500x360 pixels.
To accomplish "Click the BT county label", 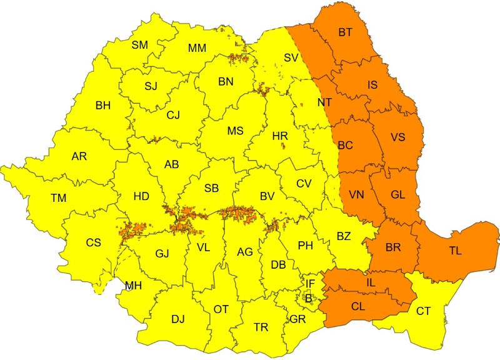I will coord(345,32).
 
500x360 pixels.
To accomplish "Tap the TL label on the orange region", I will coord(455,251).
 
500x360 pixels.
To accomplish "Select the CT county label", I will coord(423,311).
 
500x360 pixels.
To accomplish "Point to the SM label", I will coord(139,44).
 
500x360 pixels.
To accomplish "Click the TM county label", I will coord(59,198).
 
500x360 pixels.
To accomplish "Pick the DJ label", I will coord(178,319).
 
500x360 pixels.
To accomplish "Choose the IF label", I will coord(310,284).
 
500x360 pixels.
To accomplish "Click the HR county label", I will coord(280,135).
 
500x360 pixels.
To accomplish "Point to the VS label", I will coord(397,137).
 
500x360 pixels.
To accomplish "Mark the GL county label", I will coord(398,194).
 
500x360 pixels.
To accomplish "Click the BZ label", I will coord(344,236).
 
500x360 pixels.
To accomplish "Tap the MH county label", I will coord(133,286).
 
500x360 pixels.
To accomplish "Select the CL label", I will coord(358,306).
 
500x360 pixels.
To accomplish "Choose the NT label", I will coord(325,102).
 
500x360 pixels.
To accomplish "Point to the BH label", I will coord(103,106).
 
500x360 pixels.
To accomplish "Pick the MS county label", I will coord(235,131).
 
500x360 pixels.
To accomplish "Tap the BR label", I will coord(393,247).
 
